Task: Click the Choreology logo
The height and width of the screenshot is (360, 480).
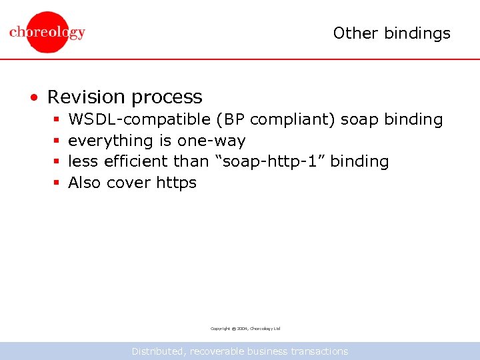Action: [47, 31]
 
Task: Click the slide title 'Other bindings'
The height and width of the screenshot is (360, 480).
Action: [391, 33]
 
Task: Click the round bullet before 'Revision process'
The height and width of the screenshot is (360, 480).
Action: [34, 98]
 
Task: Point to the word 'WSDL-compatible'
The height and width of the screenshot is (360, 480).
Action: [139, 119]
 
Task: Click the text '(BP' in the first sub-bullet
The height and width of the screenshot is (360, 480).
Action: [230, 119]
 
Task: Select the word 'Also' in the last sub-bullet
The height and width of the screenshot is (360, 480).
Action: [85, 182]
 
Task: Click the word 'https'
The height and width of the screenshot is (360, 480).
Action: [176, 183]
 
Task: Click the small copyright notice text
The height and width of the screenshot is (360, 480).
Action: [245, 329]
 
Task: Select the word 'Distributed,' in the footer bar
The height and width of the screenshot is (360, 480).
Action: [159, 351]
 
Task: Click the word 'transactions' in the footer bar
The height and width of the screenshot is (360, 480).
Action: [319, 351]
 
